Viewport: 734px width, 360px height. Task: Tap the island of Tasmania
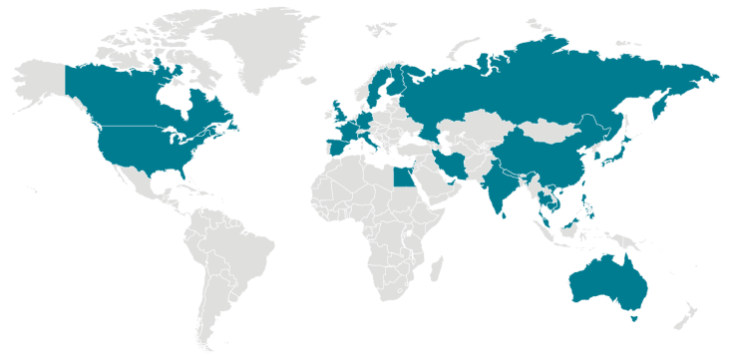click(x=632, y=318)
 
